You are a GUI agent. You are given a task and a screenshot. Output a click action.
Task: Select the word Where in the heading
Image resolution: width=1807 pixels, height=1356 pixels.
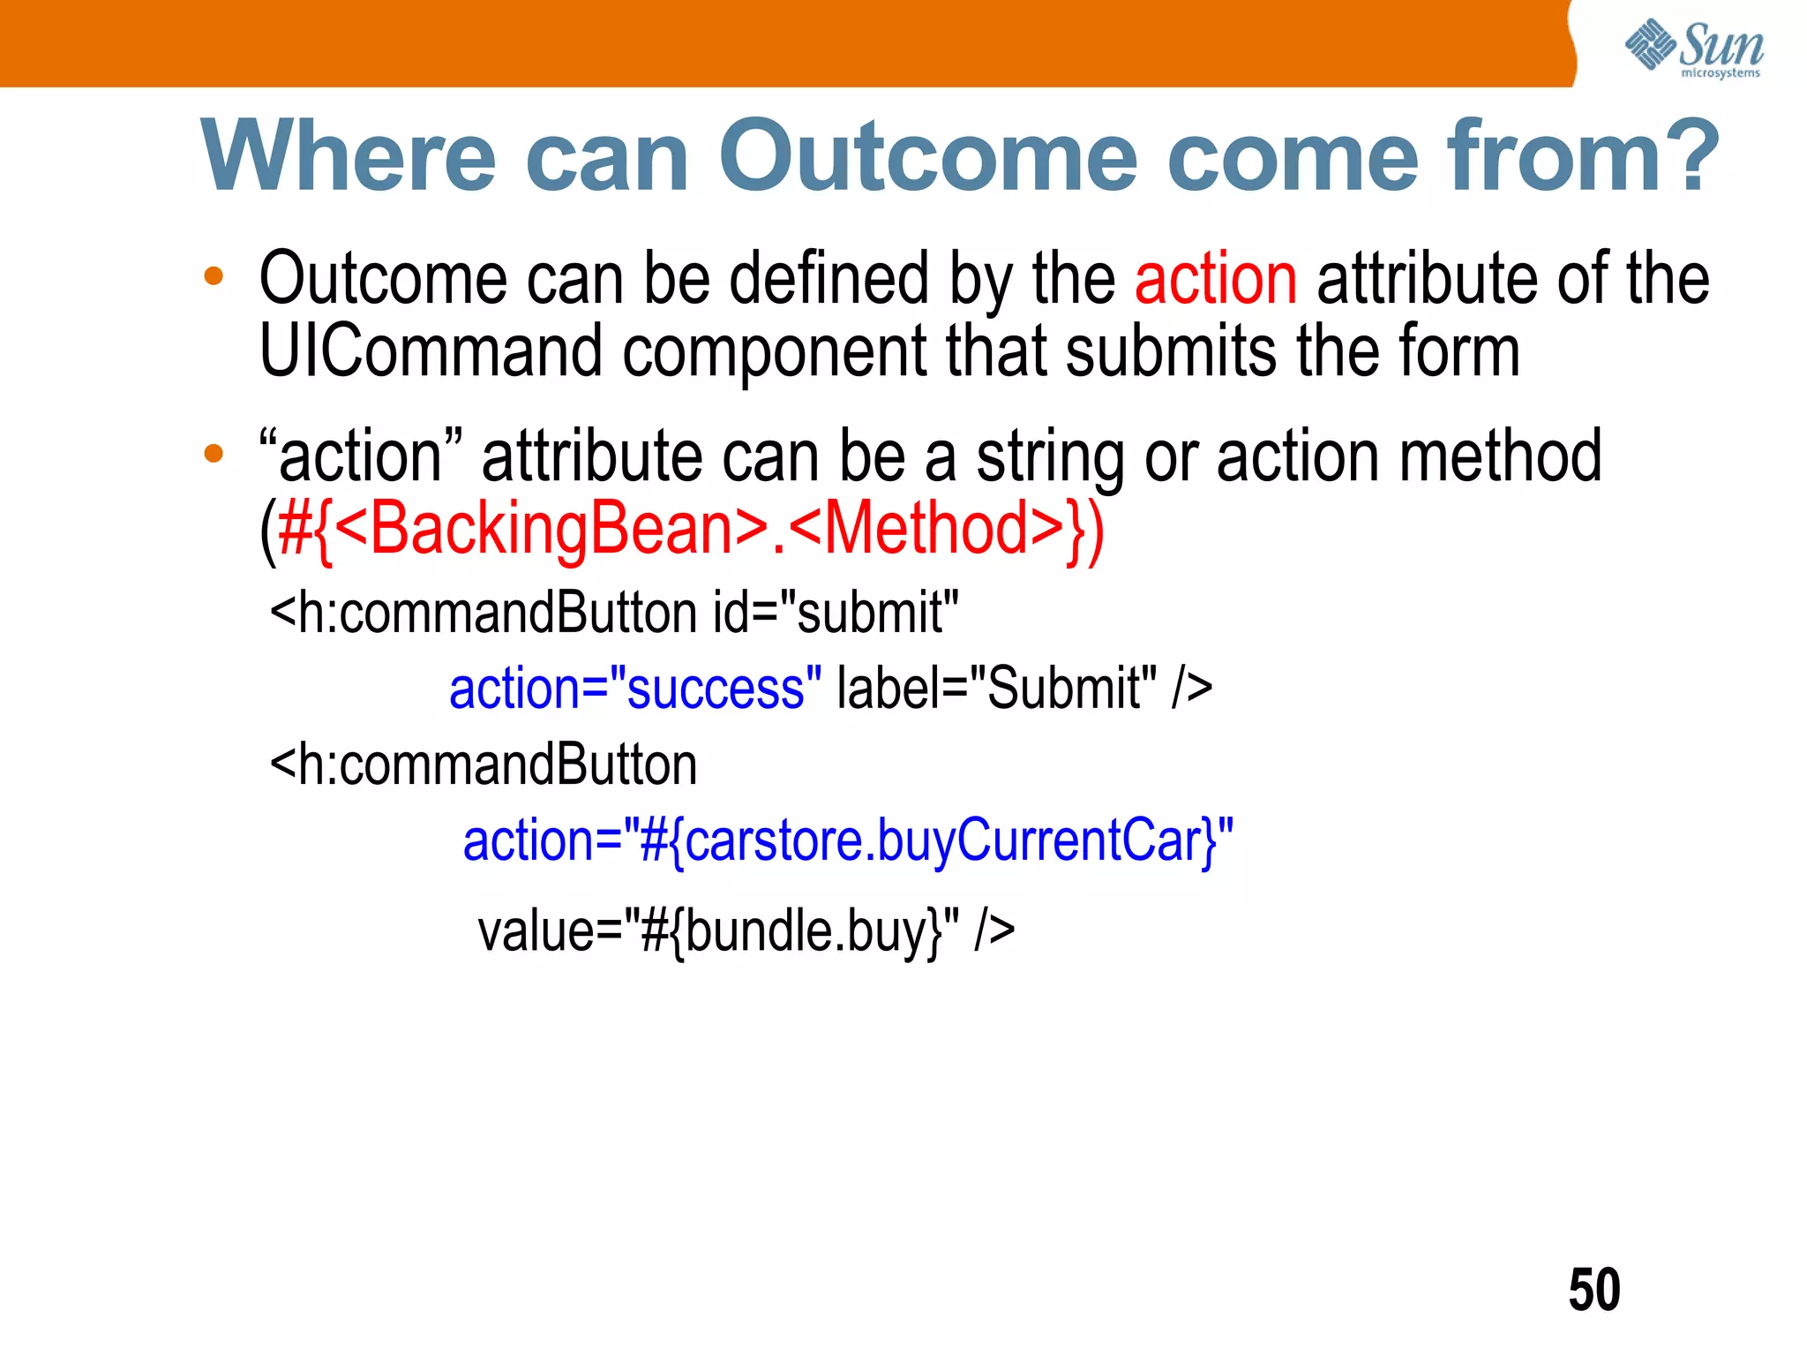coord(349,156)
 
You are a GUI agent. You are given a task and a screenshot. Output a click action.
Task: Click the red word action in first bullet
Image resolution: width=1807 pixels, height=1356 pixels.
coord(1215,279)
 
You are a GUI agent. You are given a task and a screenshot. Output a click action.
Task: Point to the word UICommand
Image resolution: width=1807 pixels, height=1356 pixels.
coord(431,351)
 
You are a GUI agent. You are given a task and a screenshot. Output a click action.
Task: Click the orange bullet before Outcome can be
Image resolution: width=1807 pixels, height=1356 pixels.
coord(214,277)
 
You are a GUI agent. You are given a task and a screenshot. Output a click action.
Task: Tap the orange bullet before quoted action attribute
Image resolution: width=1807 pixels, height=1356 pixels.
coord(214,455)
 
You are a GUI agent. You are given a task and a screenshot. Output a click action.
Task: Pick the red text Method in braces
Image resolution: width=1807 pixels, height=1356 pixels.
coord(926,529)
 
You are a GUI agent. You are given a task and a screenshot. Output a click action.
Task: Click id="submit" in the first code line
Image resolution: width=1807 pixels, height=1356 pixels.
coord(836,613)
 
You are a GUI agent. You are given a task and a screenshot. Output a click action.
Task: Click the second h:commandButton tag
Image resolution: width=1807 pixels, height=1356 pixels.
coord(484,765)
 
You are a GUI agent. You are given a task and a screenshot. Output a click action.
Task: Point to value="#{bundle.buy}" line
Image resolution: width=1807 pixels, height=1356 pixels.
coord(746,931)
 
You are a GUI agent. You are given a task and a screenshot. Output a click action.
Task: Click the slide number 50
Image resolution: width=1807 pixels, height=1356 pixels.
coord(1593,1290)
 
